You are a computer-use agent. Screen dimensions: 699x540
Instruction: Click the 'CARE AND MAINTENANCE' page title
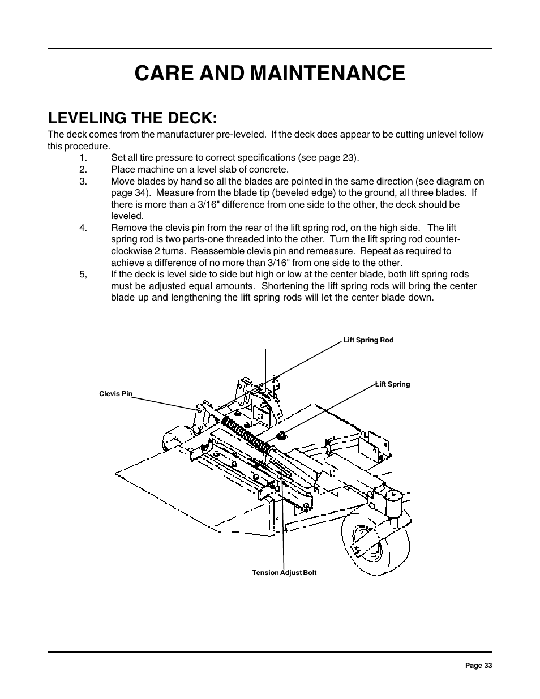tap(269, 74)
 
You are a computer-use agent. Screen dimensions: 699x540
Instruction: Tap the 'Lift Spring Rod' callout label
tap(368, 340)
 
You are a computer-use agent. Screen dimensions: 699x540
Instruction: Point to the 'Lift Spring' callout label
tap(393, 384)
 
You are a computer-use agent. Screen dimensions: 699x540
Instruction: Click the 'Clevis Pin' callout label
tap(115, 394)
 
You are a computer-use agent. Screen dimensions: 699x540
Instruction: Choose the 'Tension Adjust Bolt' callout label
tap(284, 573)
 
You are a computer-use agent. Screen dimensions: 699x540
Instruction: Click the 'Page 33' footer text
tap(478, 666)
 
